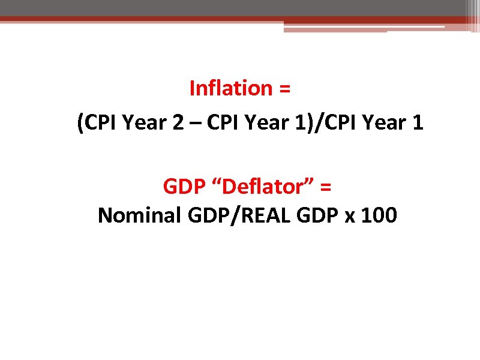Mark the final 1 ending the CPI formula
[x=418, y=124]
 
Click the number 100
[x=379, y=215]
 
